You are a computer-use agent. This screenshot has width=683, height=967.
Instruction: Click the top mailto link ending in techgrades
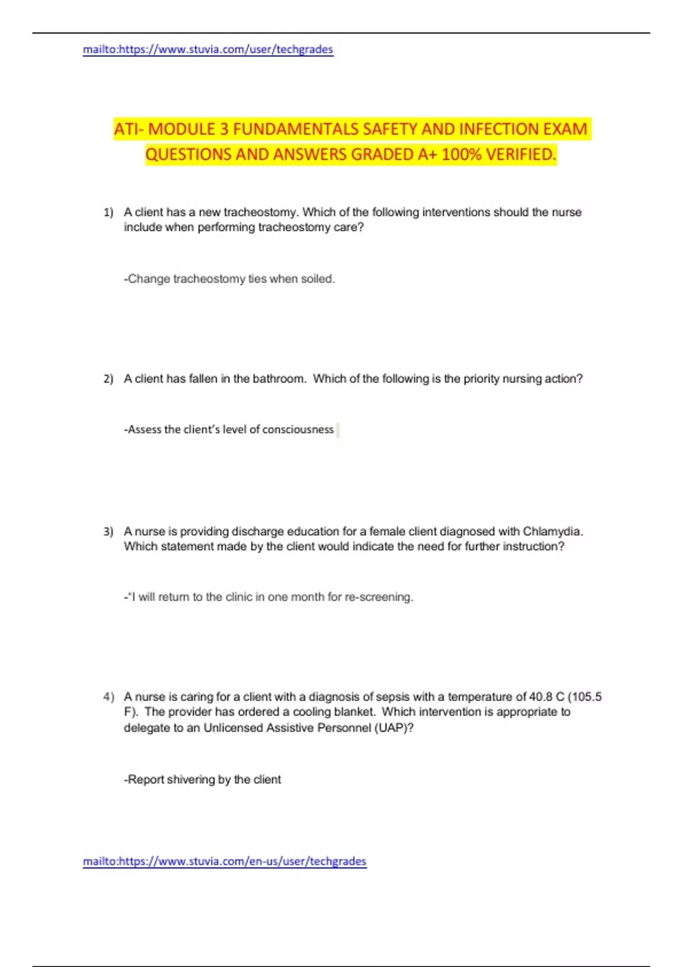click(208, 49)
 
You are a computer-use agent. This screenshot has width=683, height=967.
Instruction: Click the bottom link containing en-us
click(224, 861)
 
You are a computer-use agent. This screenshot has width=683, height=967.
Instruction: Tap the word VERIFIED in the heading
click(520, 154)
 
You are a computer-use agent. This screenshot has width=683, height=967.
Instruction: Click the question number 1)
click(108, 212)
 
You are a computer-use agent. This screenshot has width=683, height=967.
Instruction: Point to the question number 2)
click(108, 379)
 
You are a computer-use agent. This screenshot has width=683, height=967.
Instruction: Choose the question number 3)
click(108, 532)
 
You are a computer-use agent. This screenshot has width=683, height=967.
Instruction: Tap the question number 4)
click(108, 697)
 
